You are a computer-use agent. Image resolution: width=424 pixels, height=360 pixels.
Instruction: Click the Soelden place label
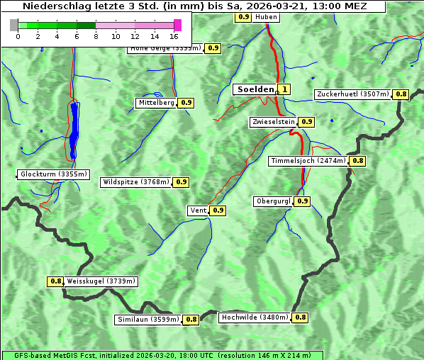[254, 89]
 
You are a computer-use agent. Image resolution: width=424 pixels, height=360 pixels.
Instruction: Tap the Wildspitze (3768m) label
[136, 182]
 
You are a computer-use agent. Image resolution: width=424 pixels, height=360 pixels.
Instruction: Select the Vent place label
[198, 210]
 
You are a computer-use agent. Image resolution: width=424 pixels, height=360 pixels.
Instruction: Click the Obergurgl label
[273, 201]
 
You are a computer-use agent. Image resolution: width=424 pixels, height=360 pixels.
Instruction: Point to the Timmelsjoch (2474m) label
[308, 161]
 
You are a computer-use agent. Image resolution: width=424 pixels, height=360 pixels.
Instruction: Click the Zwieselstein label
[273, 122]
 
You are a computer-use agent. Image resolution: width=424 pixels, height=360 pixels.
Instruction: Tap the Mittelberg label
[156, 103]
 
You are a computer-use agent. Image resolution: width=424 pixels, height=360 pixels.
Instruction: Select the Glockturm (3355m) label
[54, 174]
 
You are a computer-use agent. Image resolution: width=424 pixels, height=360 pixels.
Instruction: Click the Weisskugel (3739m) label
[101, 281]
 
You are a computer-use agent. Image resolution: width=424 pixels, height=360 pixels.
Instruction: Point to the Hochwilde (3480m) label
[255, 317]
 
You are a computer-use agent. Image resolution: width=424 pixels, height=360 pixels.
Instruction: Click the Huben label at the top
[266, 16]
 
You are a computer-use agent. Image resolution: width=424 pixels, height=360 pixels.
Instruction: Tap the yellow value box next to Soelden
[284, 89]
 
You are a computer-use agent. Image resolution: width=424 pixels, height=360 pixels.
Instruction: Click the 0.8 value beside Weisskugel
[55, 281]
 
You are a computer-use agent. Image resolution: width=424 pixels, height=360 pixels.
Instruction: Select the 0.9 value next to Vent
[218, 210]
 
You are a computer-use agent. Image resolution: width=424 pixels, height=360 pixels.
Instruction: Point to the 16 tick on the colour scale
[174, 36]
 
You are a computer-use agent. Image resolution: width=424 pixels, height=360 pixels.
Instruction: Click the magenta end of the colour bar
[177, 25]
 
